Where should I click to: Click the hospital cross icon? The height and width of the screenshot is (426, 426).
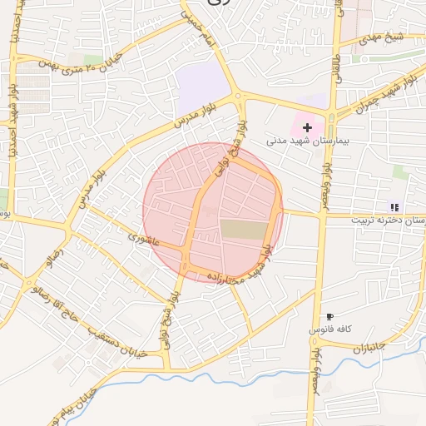click(308, 127)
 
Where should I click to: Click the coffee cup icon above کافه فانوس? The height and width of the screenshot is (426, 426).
click(329, 317)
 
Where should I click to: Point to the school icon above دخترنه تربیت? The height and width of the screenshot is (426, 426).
click(394, 207)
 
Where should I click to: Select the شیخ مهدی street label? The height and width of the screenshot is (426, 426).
click(389, 37)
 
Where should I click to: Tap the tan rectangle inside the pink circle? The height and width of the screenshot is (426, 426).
click(245, 230)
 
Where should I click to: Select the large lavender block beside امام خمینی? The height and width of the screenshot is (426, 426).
click(203, 84)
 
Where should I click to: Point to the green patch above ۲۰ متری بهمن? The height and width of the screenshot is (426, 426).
click(93, 59)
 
